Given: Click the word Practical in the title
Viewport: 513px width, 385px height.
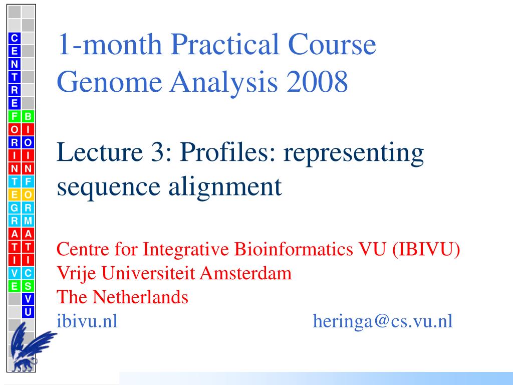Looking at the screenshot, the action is tap(225, 44).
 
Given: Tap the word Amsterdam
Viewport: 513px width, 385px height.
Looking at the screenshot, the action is tap(245, 273).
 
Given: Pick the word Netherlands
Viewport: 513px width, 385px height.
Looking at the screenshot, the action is tap(140, 297).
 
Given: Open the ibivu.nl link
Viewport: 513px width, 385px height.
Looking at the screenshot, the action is tap(87, 321).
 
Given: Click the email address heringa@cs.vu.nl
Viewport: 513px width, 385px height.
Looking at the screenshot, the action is tap(383, 321).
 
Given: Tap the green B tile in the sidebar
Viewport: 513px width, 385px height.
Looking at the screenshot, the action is tap(28, 116).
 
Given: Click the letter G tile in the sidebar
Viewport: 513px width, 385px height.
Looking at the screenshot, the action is tap(15, 208).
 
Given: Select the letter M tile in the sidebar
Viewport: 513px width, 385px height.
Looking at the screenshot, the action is tap(28, 221).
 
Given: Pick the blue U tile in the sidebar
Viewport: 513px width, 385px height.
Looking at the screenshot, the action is tap(28, 312).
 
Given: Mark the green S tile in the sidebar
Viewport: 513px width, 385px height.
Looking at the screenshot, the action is tap(28, 286).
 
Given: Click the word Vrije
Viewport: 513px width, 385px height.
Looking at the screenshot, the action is tap(76, 274).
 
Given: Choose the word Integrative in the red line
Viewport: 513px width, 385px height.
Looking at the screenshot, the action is tap(185, 250).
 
